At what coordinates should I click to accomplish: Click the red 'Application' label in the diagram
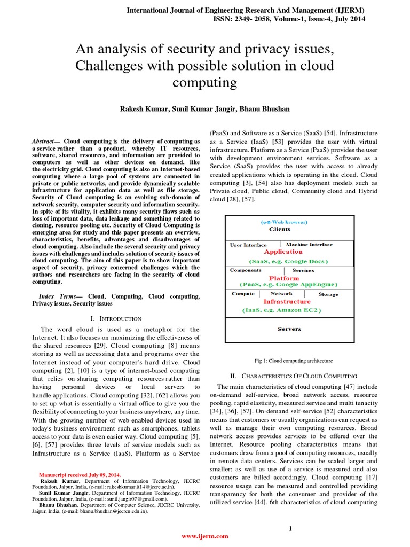283,252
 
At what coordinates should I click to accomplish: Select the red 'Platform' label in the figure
283,278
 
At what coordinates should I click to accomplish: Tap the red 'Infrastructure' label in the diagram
287,301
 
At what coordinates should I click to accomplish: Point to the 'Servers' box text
289,329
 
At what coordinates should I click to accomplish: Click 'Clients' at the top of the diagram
280,229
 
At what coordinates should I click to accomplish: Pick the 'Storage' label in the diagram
328,294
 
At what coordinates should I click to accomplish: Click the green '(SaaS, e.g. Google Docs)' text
288,261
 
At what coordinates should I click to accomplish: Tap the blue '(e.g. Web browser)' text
284,221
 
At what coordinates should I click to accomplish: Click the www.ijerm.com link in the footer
206,536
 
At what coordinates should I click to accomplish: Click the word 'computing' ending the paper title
206,83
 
